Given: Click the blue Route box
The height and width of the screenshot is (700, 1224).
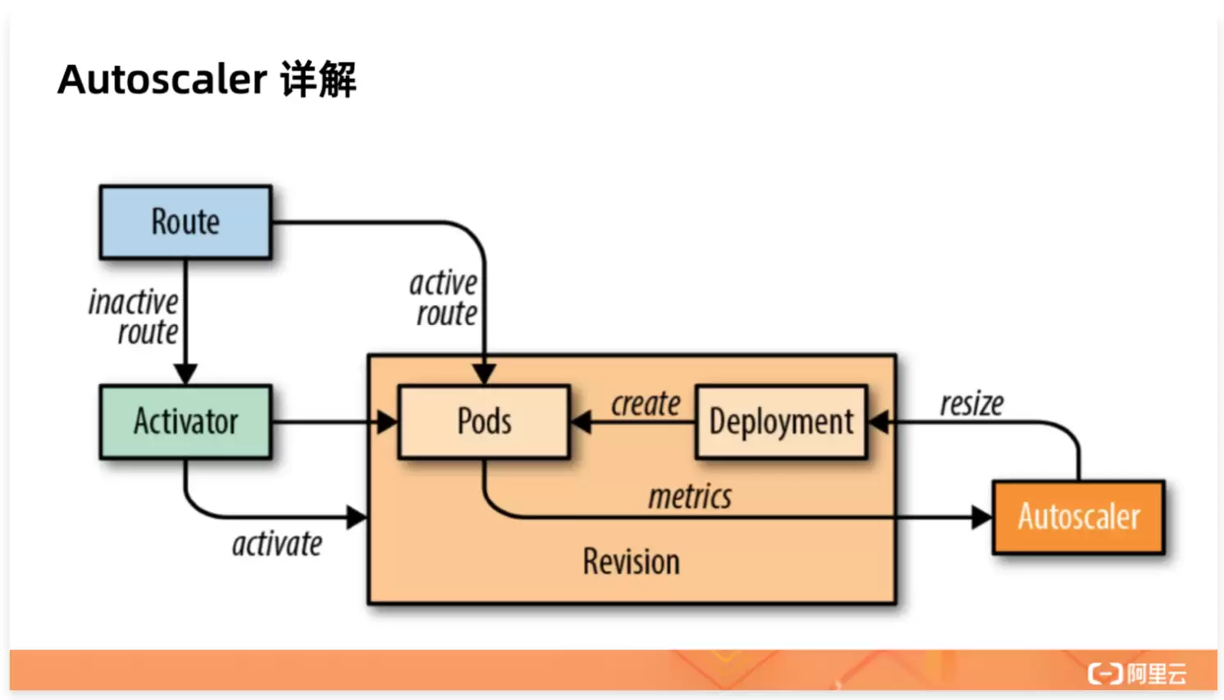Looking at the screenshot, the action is tap(185, 222).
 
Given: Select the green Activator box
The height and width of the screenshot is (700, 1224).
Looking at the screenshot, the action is tap(185, 422).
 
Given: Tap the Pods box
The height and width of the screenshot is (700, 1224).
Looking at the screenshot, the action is tap(484, 422).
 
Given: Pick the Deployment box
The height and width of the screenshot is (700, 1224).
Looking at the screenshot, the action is tap(781, 422).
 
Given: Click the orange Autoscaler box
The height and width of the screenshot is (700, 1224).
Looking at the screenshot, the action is tap(1079, 517).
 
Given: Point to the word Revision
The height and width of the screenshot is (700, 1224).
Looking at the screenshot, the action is tap(632, 562).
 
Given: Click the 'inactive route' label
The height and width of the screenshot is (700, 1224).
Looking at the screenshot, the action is tap(134, 317).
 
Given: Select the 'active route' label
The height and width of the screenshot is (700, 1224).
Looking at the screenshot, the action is tap(444, 299).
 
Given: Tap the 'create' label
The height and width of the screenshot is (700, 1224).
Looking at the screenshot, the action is tap(646, 404).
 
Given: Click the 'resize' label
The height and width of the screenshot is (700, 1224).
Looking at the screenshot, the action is tap(972, 404).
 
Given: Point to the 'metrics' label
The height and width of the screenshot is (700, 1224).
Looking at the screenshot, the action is tap(690, 496).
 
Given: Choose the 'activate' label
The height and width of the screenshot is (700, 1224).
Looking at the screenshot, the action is tap(277, 544).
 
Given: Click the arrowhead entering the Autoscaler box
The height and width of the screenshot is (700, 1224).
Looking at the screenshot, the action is tap(981, 517).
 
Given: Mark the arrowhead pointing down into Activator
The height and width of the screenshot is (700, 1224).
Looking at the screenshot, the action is tap(185, 374).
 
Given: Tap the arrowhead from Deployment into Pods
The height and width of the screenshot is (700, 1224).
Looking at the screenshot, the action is tap(580, 422).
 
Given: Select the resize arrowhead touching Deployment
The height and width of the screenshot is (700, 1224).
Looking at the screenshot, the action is tap(878, 422).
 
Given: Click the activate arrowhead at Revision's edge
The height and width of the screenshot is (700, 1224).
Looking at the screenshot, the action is tap(357, 517).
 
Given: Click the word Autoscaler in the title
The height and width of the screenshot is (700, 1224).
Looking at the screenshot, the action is tap(162, 80).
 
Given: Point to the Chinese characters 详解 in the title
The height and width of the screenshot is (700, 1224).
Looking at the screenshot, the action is tap(318, 80).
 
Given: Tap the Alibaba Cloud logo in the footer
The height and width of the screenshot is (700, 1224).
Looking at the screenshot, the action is tap(1137, 674).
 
